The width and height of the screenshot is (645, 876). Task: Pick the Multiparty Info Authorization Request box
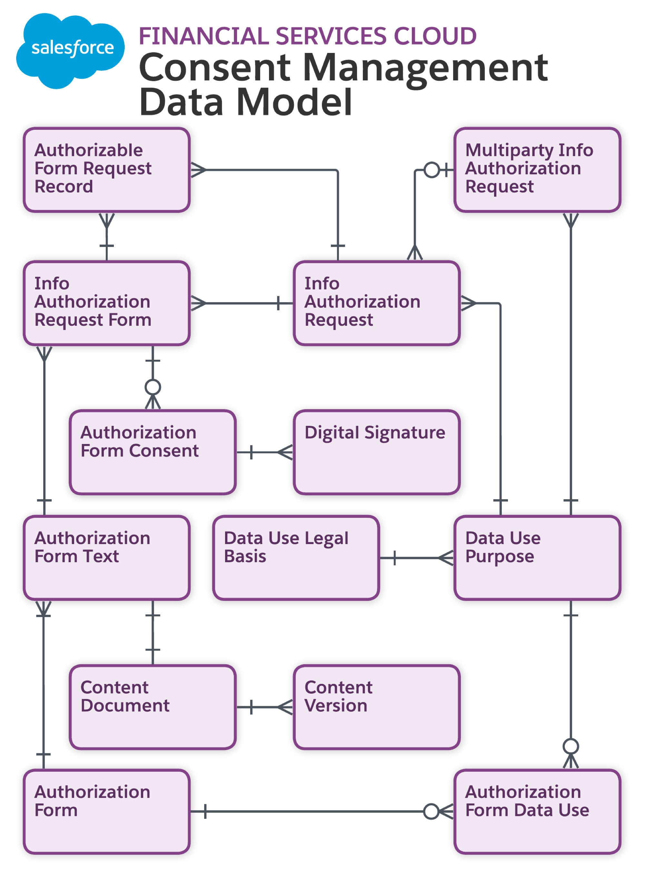(x=537, y=170)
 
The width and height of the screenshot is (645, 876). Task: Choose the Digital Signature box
(x=376, y=452)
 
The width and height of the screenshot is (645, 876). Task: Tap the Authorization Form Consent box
(x=152, y=452)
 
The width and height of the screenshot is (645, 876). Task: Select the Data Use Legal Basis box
(x=296, y=558)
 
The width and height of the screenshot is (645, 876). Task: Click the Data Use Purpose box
(x=537, y=558)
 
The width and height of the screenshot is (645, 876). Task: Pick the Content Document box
(x=152, y=707)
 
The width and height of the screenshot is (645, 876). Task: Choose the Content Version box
(x=376, y=707)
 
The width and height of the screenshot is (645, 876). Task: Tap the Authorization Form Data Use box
(x=537, y=811)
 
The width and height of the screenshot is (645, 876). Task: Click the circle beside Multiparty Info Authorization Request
(x=432, y=170)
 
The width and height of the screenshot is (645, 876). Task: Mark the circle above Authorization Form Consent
(x=153, y=387)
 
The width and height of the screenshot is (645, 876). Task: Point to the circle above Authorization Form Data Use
(x=571, y=746)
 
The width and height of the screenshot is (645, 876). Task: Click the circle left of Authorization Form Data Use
(x=431, y=811)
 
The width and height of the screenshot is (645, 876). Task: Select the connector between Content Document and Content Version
(x=264, y=707)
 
